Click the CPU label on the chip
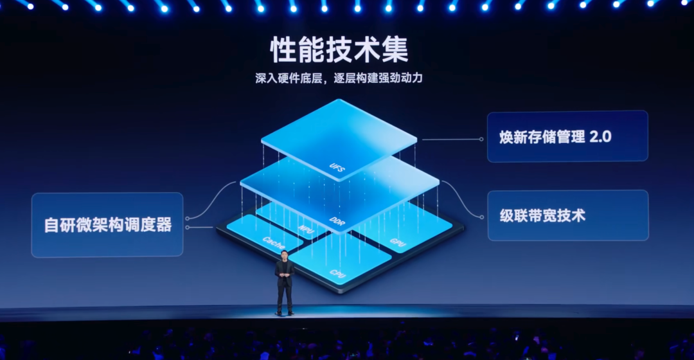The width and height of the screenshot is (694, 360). [338, 273]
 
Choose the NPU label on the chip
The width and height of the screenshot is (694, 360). [305, 228]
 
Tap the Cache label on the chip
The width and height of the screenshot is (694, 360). [274, 243]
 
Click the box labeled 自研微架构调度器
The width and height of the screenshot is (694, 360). [107, 225]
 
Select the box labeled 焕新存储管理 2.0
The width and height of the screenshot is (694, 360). [567, 136]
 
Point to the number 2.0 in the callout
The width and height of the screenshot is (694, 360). [600, 136]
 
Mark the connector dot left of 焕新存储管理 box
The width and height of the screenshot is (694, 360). [481, 139]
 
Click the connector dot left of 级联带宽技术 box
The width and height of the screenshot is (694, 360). [481, 216]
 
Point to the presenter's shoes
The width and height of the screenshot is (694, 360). [285, 313]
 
